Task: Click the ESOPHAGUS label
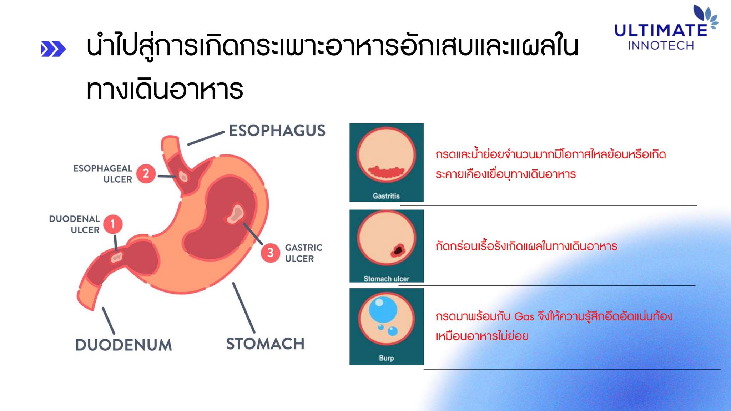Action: (277, 131)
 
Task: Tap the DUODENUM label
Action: (123, 345)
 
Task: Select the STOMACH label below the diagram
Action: (265, 344)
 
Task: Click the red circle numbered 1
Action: (113, 224)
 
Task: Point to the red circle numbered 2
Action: (146, 173)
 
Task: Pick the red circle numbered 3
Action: (271, 253)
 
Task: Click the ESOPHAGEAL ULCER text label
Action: (103, 174)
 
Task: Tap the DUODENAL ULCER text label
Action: (74, 224)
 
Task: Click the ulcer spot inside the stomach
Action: (235, 214)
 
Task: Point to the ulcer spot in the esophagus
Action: (183, 176)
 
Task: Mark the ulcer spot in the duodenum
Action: (117, 257)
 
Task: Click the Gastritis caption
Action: (386, 196)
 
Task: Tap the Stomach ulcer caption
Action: (386, 279)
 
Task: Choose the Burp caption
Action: (386, 358)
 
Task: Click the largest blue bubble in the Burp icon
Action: (383, 309)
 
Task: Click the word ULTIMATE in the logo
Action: (660, 31)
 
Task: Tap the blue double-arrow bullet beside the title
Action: (54, 49)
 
